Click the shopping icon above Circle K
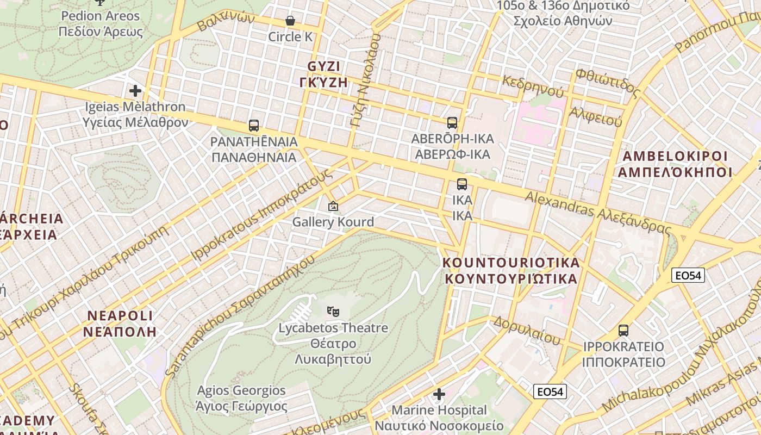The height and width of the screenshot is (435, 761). pos(290,21)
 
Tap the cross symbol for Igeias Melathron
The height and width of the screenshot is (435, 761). pos(135,91)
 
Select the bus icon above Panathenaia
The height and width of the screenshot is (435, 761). pos(253,126)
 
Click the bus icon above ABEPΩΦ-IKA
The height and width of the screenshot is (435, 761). pos(452,123)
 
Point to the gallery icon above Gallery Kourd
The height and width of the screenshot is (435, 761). pos(333,206)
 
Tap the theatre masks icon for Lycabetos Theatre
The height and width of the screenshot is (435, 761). pos(333,312)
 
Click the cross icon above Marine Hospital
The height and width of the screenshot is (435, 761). pos(439,394)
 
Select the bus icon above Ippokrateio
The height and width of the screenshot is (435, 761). pos(623,331)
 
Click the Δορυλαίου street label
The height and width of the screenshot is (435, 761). pos(526,330)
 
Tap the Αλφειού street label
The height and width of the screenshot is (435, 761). pos(595,116)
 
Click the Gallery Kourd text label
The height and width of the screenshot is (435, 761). pos(333,222)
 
